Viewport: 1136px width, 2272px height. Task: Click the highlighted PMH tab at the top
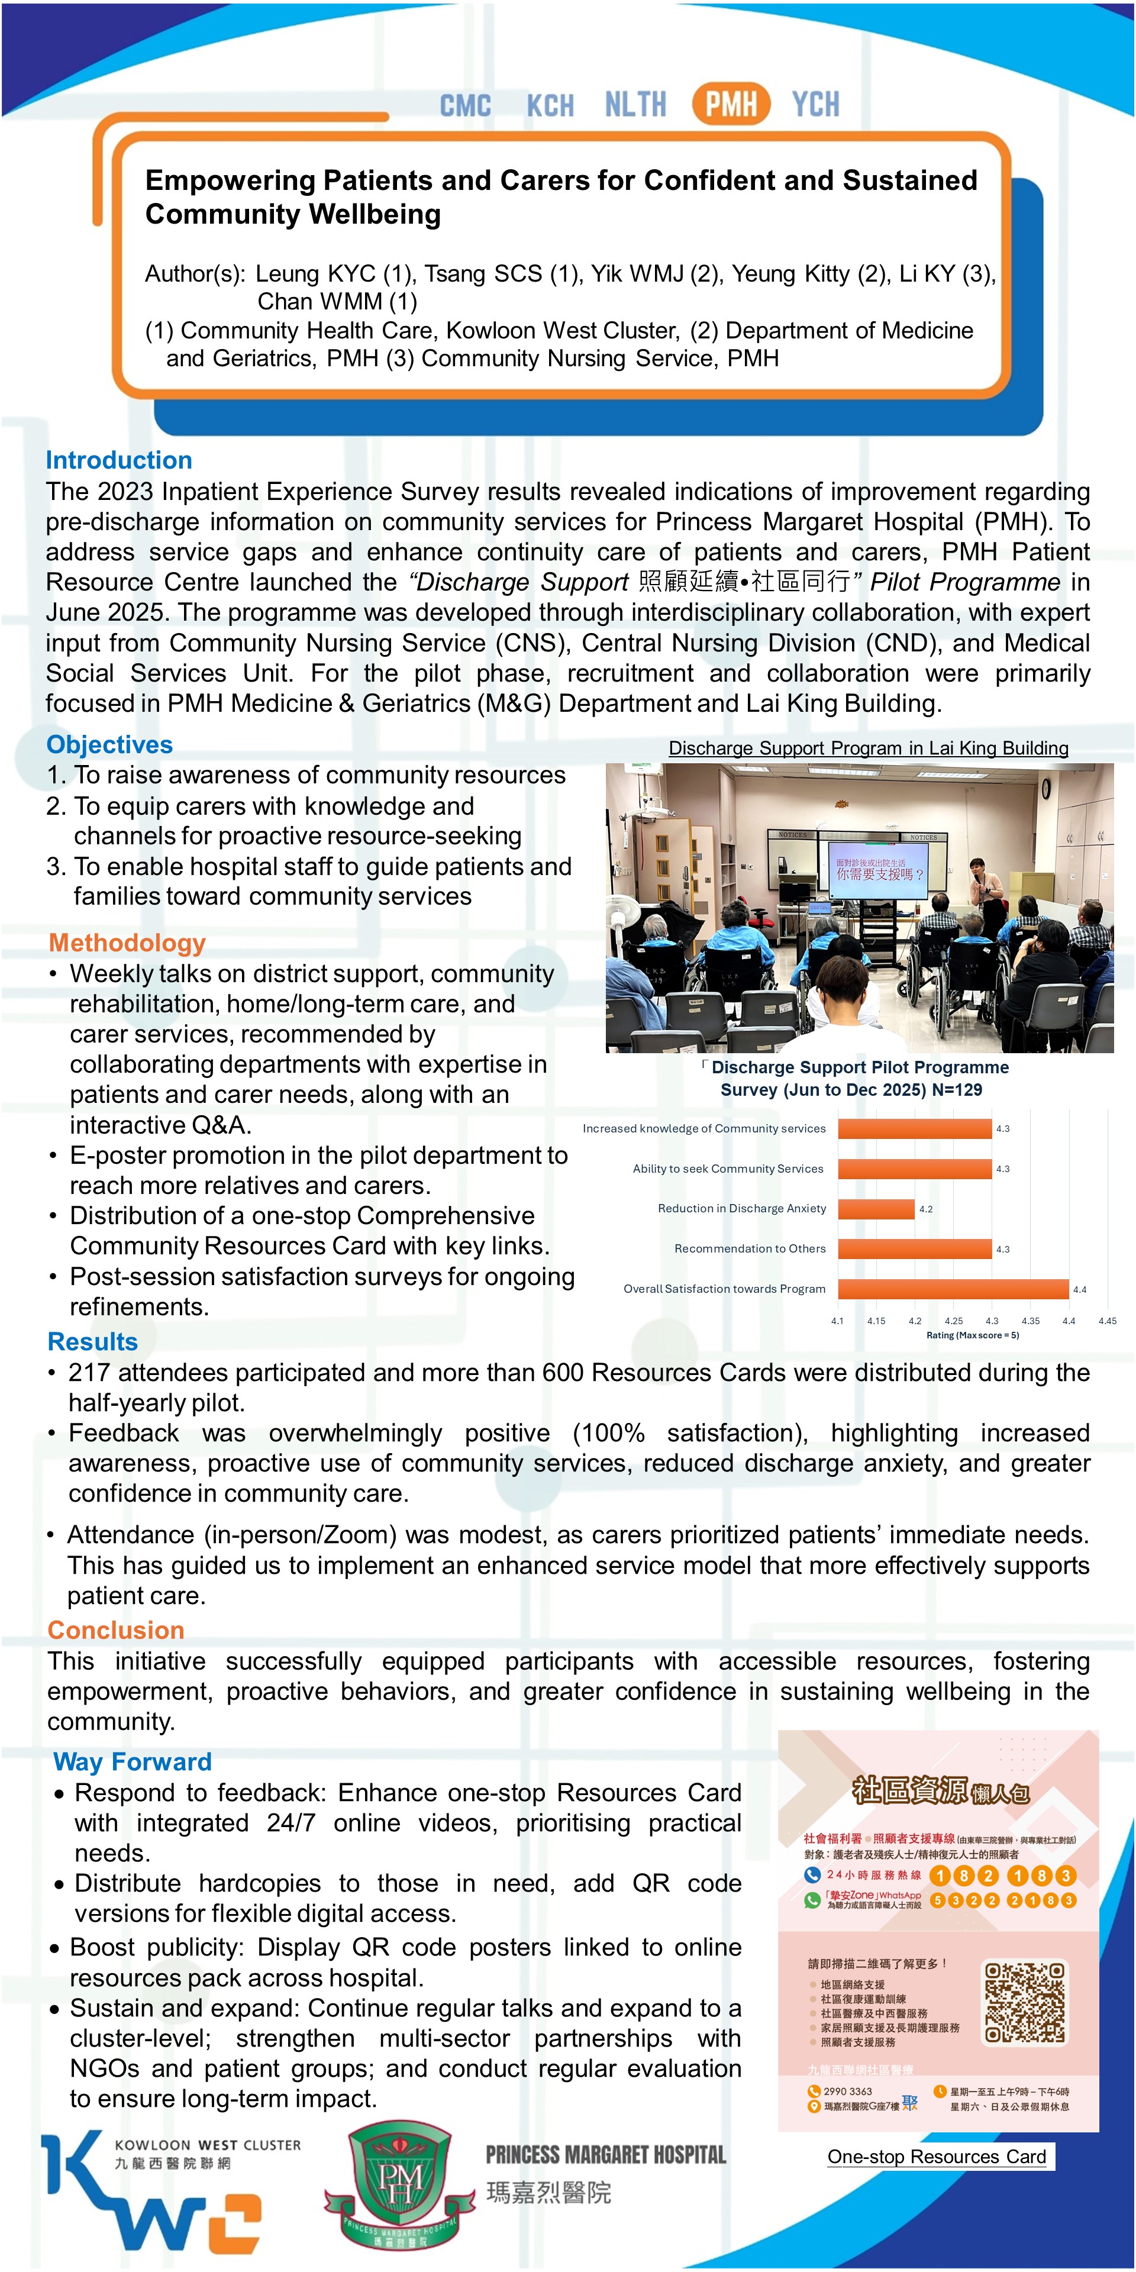tap(731, 104)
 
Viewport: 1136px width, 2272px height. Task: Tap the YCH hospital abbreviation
tap(815, 104)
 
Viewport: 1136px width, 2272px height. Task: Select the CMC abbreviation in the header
tap(465, 105)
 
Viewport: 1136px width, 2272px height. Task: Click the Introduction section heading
tap(119, 460)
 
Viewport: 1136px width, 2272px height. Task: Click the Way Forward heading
tap(133, 1761)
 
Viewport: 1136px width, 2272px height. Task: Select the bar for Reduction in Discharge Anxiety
tap(876, 1208)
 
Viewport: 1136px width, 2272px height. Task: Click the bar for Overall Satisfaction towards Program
tap(953, 1289)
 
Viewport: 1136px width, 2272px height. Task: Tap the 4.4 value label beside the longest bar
tap(1080, 1289)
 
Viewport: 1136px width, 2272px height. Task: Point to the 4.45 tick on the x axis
tap(1107, 1321)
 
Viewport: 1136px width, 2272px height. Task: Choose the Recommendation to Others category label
tap(750, 1249)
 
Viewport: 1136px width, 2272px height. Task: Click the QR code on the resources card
tap(1025, 2002)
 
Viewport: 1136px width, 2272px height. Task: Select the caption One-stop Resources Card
tap(937, 2157)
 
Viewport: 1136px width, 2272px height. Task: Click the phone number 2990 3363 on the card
tap(848, 2091)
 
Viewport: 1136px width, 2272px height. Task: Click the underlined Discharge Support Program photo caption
tap(868, 748)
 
